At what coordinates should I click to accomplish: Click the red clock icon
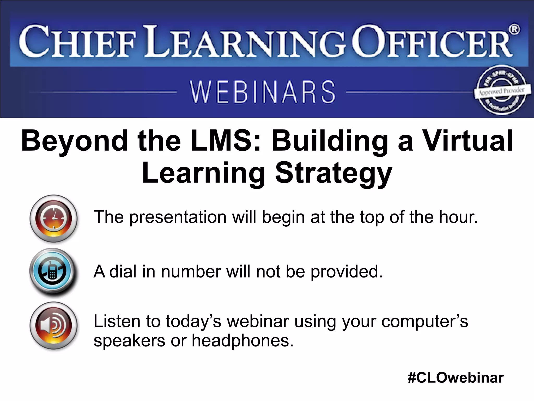[x=53, y=218]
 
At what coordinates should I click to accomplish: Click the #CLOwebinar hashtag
[x=455, y=378]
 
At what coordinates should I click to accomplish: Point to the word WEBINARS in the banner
[x=263, y=92]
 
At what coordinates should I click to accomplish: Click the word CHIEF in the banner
[x=77, y=42]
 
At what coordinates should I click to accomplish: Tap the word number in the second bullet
[x=191, y=272]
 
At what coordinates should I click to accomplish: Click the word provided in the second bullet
[x=347, y=272]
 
